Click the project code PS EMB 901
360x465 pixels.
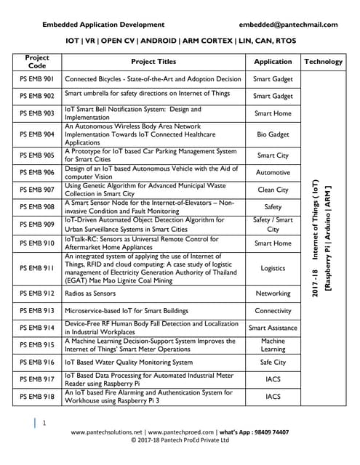coord(37,78)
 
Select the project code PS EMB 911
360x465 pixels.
coord(37,269)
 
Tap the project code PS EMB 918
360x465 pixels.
coord(37,397)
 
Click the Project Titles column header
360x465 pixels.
coord(153,62)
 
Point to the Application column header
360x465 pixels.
coord(273,62)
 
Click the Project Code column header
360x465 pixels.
coord(37,62)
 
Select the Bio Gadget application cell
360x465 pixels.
coord(273,134)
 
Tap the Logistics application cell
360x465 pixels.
coord(273,269)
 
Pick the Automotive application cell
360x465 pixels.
coord(273,173)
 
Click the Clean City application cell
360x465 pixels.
coord(273,190)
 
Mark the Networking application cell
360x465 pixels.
coord(273,294)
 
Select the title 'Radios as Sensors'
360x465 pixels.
coord(90,294)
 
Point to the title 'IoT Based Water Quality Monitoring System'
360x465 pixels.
coord(129,362)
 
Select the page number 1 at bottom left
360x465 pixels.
coord(44,422)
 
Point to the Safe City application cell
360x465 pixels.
coord(273,362)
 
